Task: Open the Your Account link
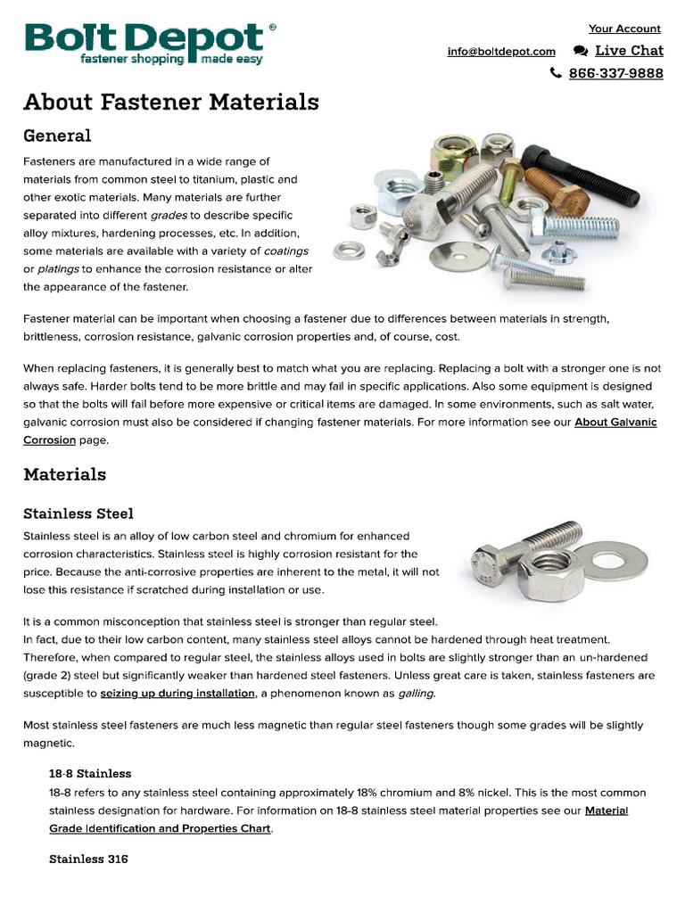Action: tap(624, 29)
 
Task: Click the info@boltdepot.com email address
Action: tap(501, 52)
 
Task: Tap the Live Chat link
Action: tap(629, 51)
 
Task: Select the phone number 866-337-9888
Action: tap(615, 73)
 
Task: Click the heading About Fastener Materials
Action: tap(170, 103)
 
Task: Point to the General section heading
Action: tap(57, 136)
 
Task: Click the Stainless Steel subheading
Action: tap(78, 514)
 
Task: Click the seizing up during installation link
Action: tap(177, 694)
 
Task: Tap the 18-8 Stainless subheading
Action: tap(90, 773)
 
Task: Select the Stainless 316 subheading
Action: tap(88, 860)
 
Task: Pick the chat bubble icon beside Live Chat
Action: tap(580, 52)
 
